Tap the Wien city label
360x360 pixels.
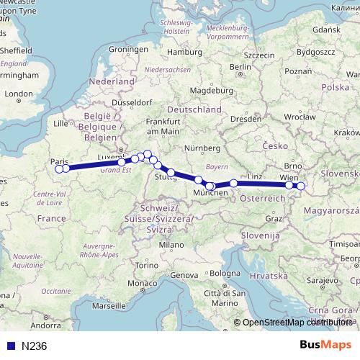288,176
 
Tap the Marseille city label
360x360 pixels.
109,305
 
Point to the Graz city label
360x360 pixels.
273,217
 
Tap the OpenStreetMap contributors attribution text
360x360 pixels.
296,322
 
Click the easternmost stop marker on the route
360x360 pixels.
300,186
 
